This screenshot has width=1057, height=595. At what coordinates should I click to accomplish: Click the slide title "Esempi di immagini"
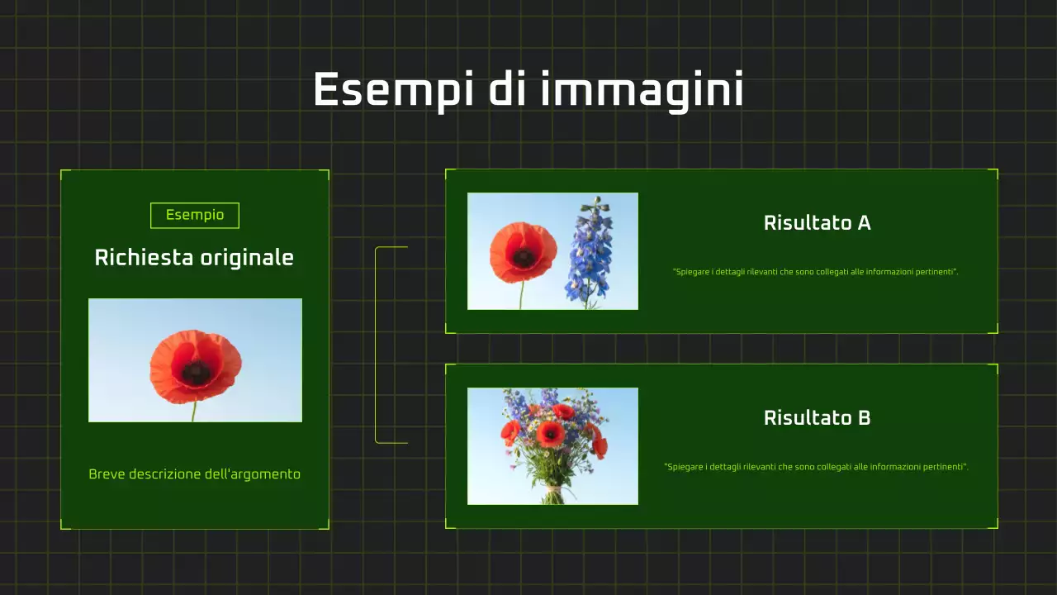click(528, 89)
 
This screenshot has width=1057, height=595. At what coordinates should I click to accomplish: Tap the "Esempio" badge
click(195, 216)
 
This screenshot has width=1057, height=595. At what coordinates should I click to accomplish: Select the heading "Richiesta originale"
click(194, 258)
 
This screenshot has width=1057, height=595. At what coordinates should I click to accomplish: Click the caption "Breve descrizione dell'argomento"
click(194, 474)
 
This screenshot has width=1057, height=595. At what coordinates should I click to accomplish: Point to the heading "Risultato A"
click(817, 223)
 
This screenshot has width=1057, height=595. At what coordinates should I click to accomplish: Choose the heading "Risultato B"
click(817, 418)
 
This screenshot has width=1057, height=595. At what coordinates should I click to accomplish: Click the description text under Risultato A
click(815, 272)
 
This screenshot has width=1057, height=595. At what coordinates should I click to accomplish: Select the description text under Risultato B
click(816, 467)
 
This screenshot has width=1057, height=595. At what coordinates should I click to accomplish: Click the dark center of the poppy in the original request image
click(196, 372)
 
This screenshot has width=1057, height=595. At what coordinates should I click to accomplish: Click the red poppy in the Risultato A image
click(523, 253)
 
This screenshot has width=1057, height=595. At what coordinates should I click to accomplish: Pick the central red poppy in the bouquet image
click(550, 433)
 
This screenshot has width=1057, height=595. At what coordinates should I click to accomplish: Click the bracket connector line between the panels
click(377, 345)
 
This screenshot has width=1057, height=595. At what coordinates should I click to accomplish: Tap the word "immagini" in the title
click(642, 89)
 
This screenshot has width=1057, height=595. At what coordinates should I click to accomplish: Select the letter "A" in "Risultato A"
click(864, 223)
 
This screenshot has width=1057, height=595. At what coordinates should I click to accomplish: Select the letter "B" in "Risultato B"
click(864, 418)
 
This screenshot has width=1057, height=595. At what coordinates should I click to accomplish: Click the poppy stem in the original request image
click(194, 412)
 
